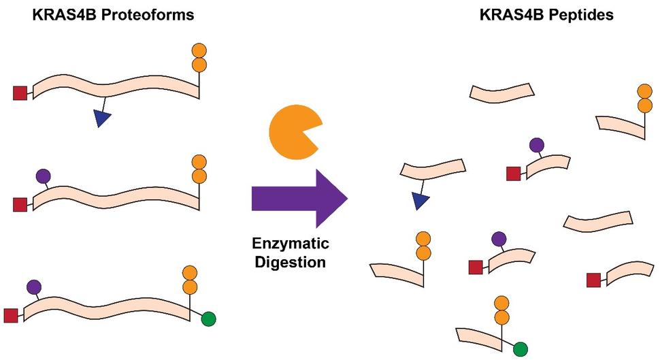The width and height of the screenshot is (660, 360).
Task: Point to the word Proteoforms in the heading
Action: pos(150,14)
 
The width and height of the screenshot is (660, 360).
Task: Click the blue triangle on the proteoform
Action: pos(102,119)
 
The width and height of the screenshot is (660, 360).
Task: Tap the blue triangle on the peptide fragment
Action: pos(420,200)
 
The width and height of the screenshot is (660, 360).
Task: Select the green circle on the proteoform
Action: pos(209,318)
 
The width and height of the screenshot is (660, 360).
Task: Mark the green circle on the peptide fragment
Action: pos(521,350)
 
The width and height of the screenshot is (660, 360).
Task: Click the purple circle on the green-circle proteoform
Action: pos(33,287)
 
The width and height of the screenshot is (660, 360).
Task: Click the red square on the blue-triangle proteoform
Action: pos(20,93)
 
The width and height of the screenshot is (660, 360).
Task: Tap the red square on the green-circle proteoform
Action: pos(11,315)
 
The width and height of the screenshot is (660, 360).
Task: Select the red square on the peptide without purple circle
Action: pos(593,279)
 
